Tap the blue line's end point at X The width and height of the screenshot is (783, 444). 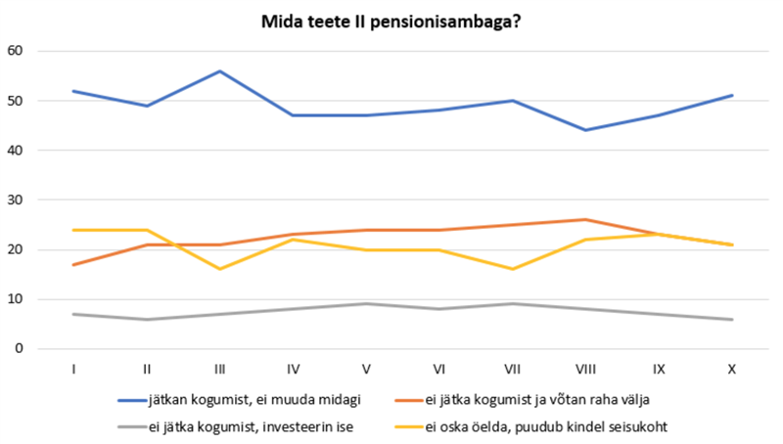[731, 96]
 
